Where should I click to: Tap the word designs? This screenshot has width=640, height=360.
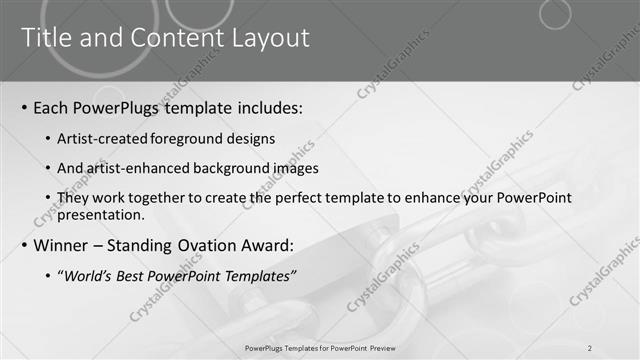click(250, 138)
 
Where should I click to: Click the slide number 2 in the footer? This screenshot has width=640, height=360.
click(590, 347)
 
